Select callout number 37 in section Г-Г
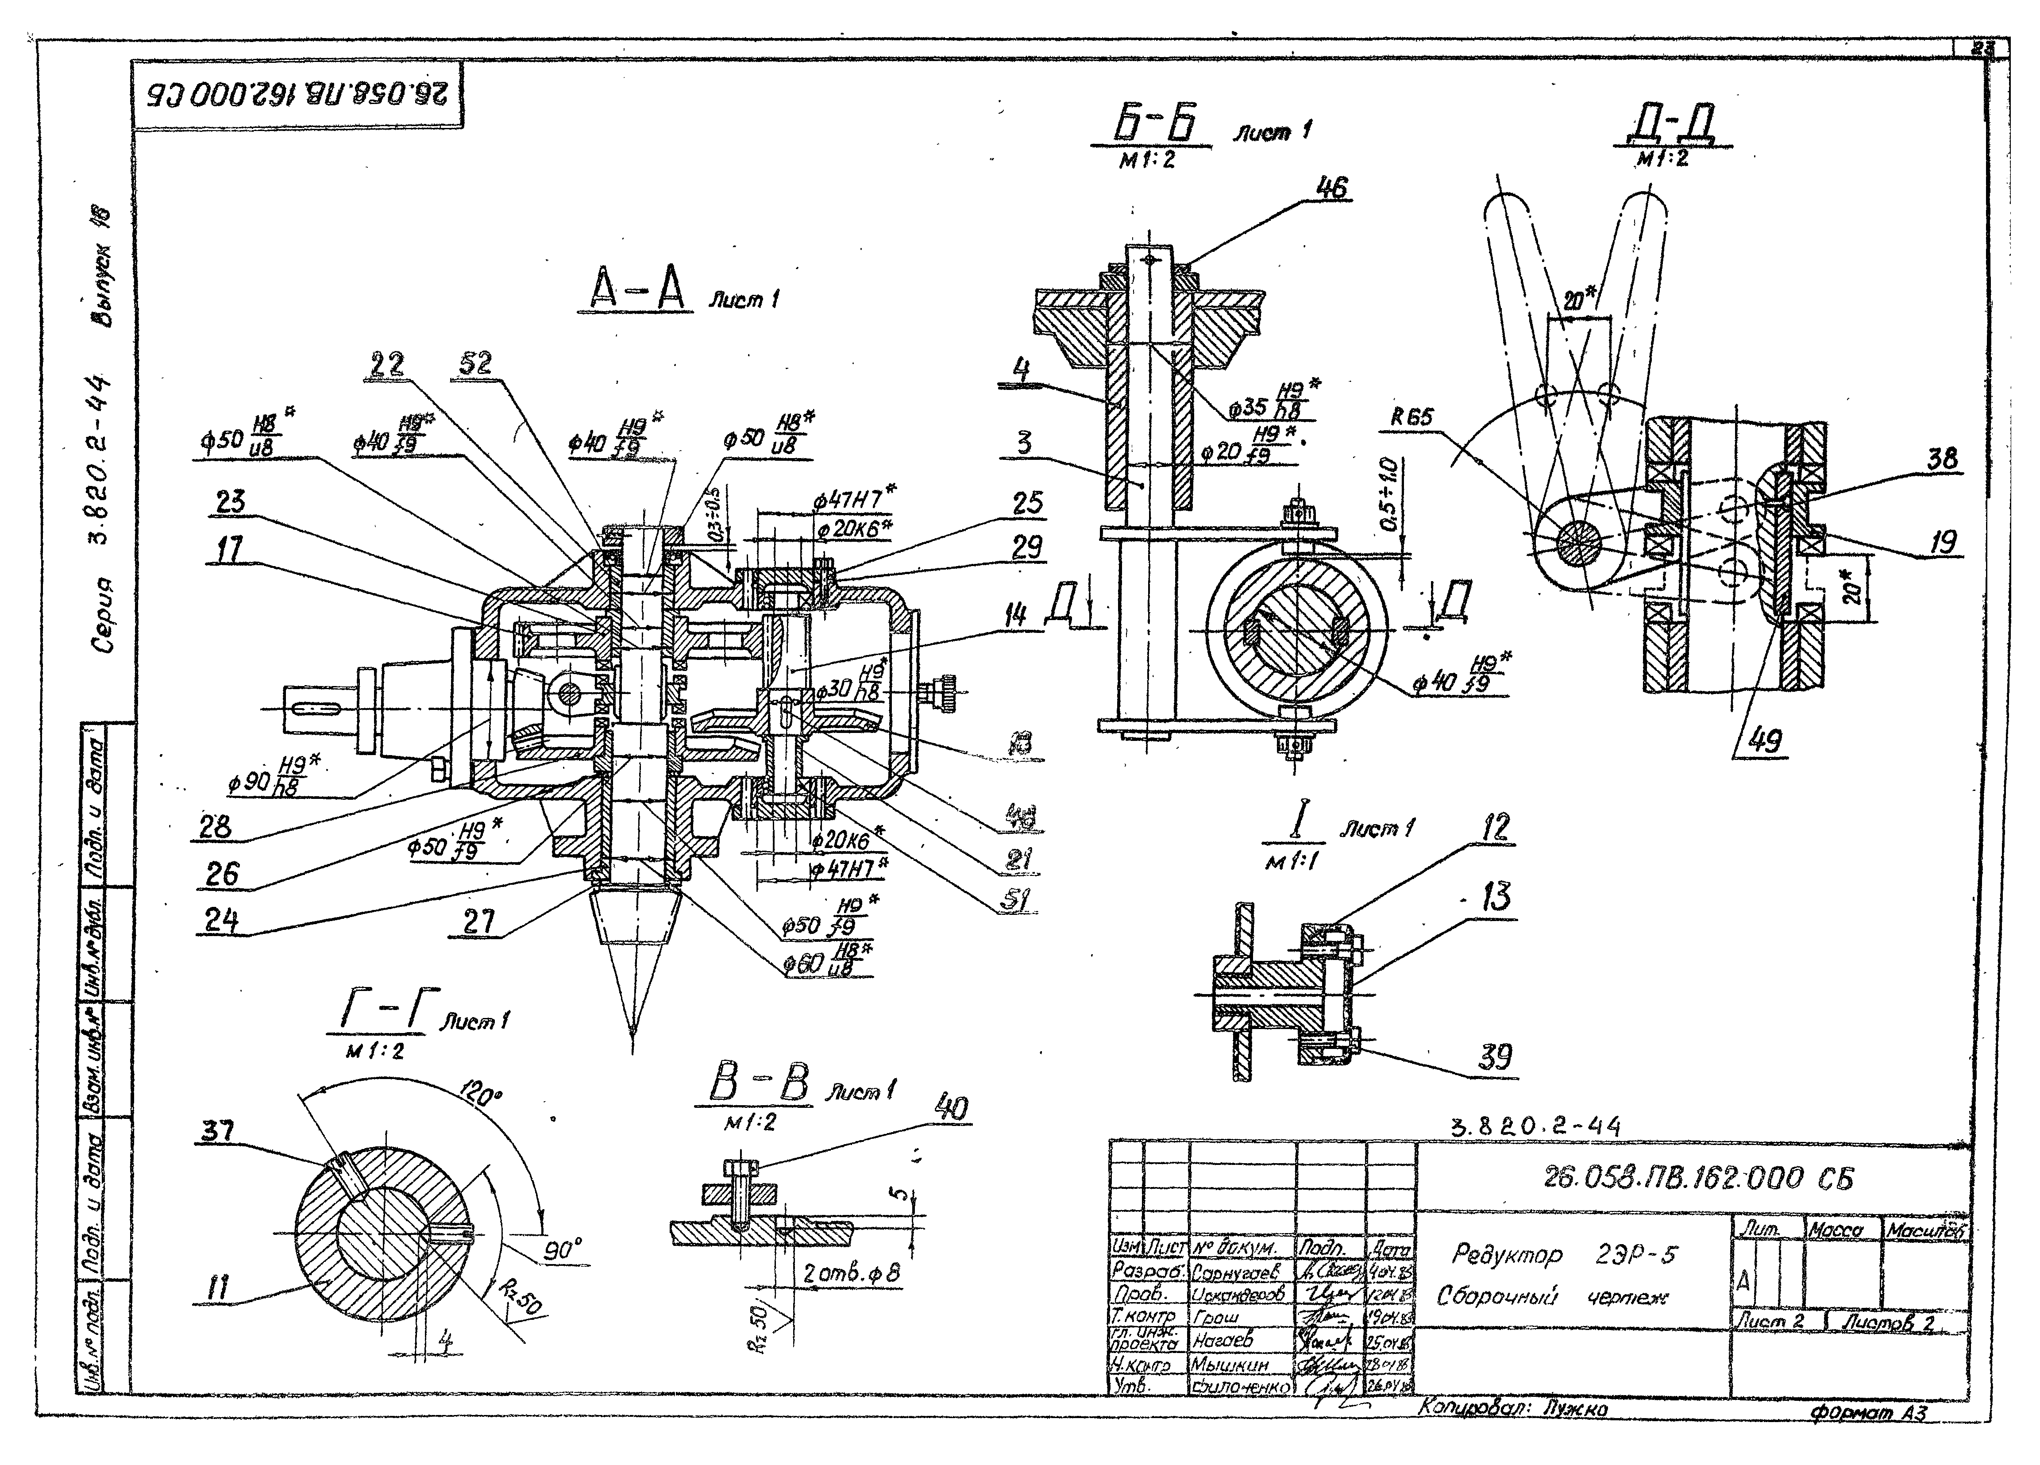click(x=217, y=1130)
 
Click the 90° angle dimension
click(x=563, y=1250)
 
